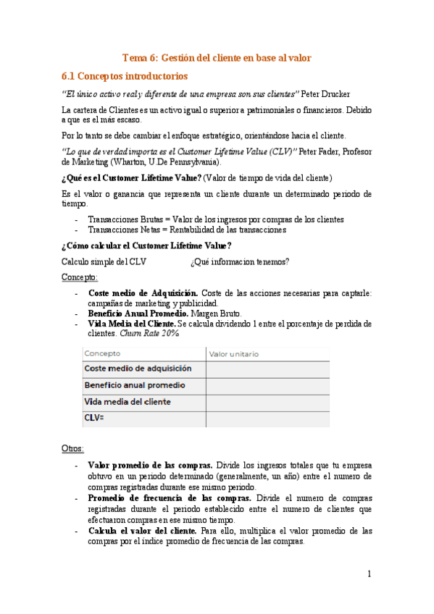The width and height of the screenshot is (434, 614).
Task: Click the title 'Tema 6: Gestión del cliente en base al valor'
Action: point(217,58)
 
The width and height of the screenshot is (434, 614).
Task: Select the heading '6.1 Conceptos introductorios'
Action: point(125,75)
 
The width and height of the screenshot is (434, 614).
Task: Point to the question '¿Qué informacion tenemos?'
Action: point(240,261)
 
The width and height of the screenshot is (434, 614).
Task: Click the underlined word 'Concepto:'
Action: point(80,277)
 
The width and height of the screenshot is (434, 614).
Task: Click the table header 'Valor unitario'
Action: point(233,354)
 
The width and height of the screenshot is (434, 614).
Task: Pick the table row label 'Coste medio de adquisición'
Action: point(138,369)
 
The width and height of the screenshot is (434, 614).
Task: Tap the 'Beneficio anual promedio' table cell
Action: point(135,385)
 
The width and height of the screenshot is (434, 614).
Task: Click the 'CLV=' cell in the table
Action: point(95,418)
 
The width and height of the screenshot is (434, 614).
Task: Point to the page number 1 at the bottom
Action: point(369,574)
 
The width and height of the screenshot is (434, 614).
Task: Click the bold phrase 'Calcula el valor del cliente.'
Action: point(143,531)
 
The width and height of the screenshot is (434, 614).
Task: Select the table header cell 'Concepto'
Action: point(103,354)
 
